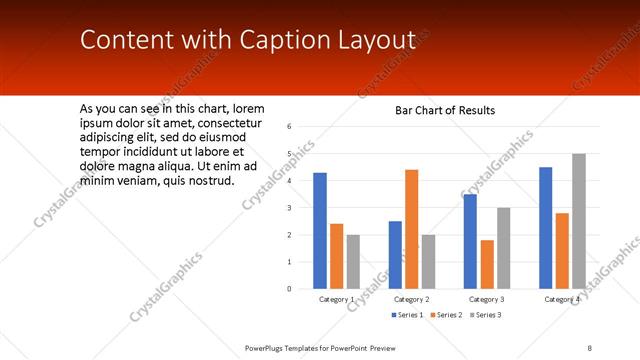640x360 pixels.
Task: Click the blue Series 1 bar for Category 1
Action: point(320,231)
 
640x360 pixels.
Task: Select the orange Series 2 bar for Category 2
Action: point(411,229)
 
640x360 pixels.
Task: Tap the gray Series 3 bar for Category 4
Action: point(578,221)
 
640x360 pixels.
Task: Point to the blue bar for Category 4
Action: point(546,228)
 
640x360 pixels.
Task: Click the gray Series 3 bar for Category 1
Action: point(353,262)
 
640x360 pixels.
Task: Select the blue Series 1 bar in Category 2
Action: point(395,255)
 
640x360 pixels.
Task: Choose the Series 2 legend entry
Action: point(445,315)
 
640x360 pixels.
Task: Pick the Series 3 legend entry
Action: point(486,315)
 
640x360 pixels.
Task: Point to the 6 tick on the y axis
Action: point(288,127)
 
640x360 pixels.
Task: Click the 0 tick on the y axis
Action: point(288,289)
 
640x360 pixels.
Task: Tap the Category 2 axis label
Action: point(411,299)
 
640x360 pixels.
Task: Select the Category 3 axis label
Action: point(487,299)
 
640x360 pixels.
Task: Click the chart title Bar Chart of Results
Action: point(445,110)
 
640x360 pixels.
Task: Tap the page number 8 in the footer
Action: point(590,347)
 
